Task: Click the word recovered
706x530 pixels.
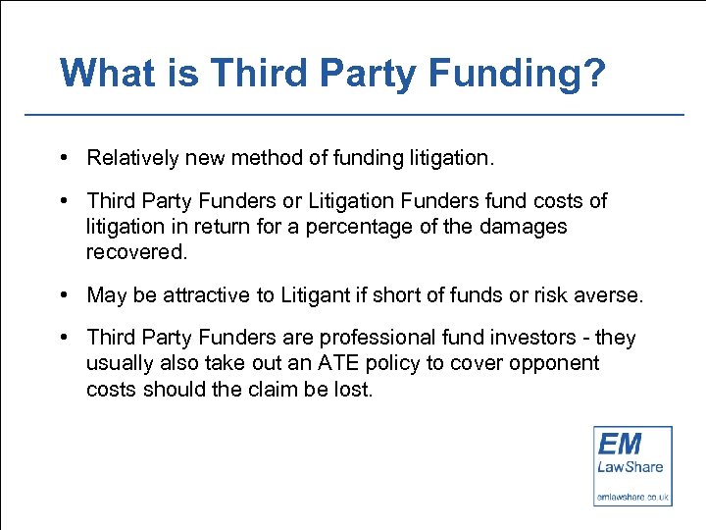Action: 134,251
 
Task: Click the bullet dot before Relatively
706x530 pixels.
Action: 62,157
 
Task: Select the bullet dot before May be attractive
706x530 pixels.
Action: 62,294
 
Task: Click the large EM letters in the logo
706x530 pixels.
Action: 621,444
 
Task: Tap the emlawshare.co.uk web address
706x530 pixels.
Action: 632,497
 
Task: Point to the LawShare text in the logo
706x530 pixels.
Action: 630,467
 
